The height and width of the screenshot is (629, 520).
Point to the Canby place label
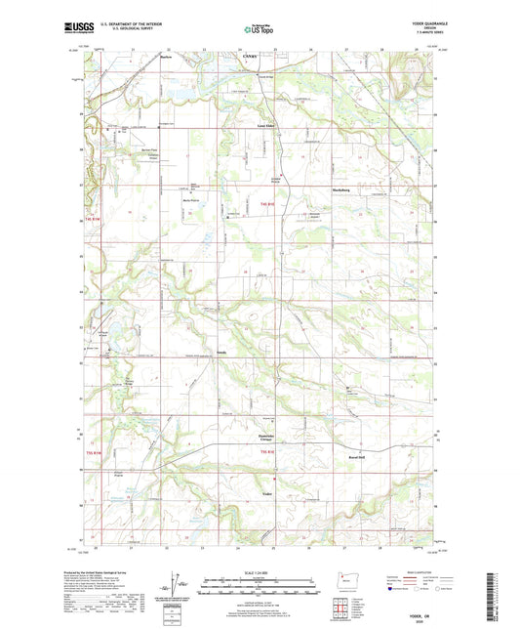tap(249, 56)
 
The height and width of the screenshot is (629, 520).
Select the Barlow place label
tap(165, 57)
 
